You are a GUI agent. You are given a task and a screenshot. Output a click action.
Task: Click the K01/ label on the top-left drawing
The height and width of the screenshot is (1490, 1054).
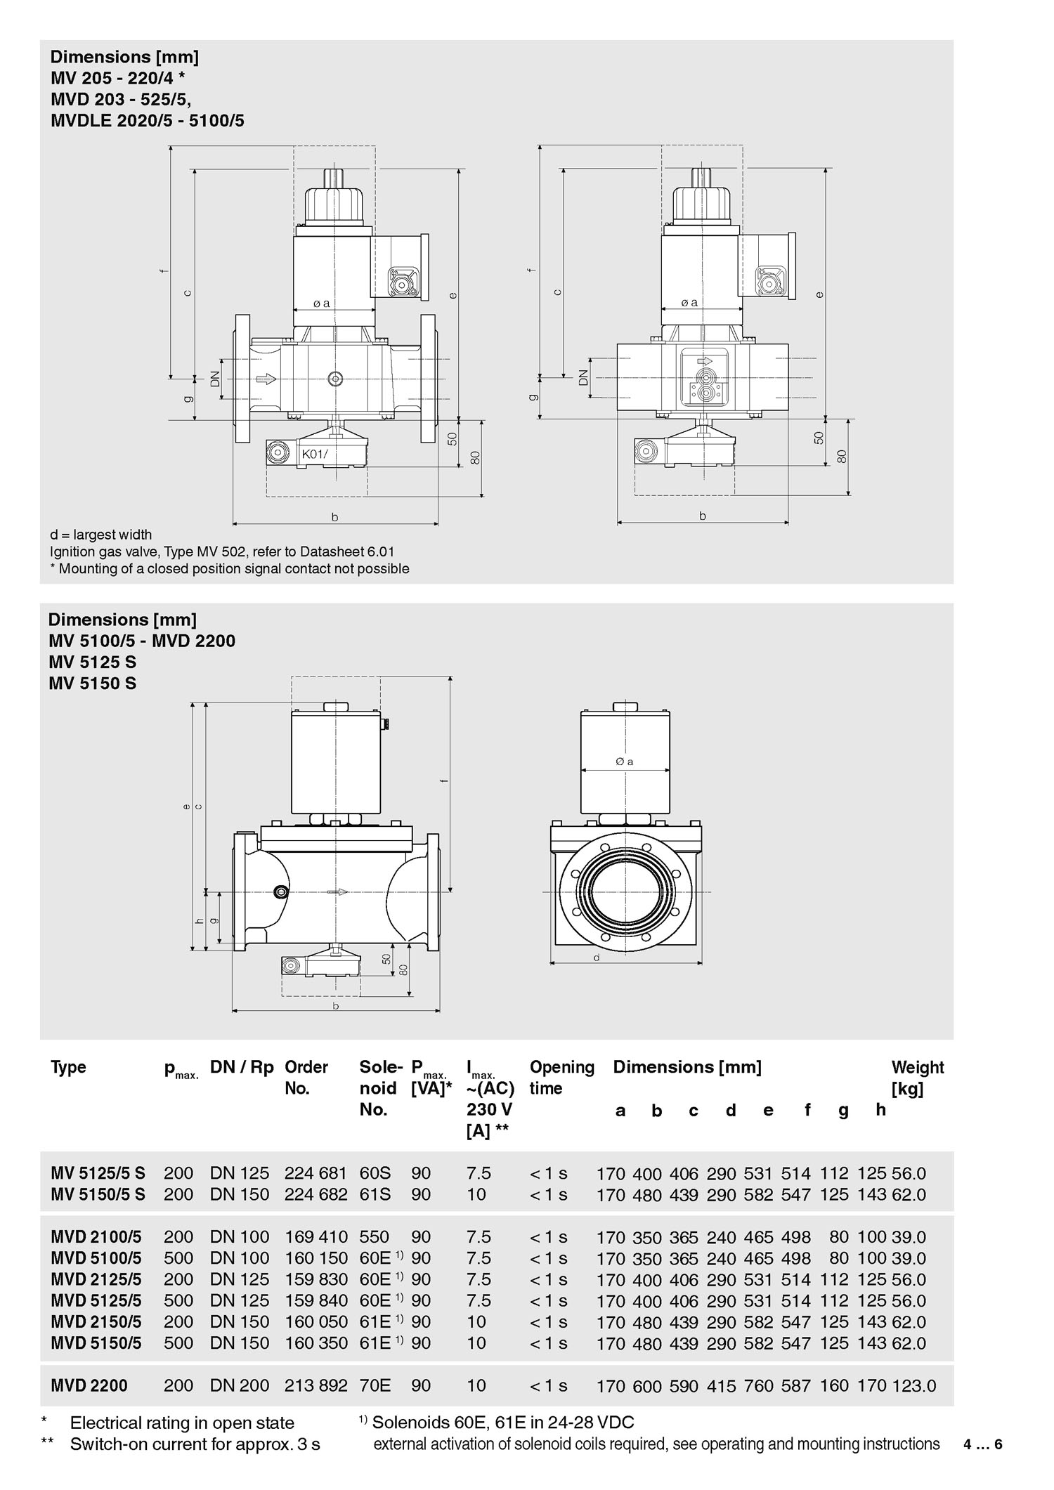click(x=315, y=454)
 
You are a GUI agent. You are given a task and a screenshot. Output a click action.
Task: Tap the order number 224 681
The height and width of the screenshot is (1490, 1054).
click(x=315, y=1173)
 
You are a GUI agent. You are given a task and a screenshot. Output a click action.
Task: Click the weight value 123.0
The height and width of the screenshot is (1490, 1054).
click(x=914, y=1386)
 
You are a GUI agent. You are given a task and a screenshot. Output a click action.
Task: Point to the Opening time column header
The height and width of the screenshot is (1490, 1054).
click(x=561, y=1078)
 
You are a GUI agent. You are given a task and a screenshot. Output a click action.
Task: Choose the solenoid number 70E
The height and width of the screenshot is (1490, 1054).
click(x=375, y=1386)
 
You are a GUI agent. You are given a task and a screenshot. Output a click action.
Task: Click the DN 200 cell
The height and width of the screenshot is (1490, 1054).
click(x=240, y=1386)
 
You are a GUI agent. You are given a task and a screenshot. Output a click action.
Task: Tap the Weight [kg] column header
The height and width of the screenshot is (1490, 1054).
click(x=918, y=1078)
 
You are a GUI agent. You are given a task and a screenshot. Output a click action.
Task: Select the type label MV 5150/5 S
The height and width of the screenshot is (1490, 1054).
click(x=98, y=1194)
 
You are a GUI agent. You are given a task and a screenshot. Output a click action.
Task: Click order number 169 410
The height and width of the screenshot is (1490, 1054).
click(x=315, y=1237)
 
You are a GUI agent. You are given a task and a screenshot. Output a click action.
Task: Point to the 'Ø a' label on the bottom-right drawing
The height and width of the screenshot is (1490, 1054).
click(x=625, y=762)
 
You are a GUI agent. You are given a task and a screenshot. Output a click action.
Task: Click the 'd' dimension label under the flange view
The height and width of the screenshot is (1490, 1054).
click(x=597, y=957)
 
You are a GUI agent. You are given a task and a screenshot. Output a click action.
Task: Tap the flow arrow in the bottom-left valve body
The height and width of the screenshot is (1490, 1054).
click(x=339, y=892)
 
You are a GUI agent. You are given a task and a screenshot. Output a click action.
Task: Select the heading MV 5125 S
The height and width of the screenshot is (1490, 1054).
click(x=93, y=662)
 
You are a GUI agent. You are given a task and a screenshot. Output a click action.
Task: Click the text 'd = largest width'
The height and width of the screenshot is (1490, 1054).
click(x=101, y=535)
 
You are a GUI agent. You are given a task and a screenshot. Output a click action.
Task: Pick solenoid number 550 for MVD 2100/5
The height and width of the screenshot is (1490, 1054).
click(x=374, y=1237)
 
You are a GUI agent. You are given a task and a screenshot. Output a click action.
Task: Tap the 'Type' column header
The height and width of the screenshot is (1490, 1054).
click(x=68, y=1067)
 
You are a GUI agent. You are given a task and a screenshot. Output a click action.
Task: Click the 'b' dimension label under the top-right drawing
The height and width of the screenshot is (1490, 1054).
click(x=703, y=516)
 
